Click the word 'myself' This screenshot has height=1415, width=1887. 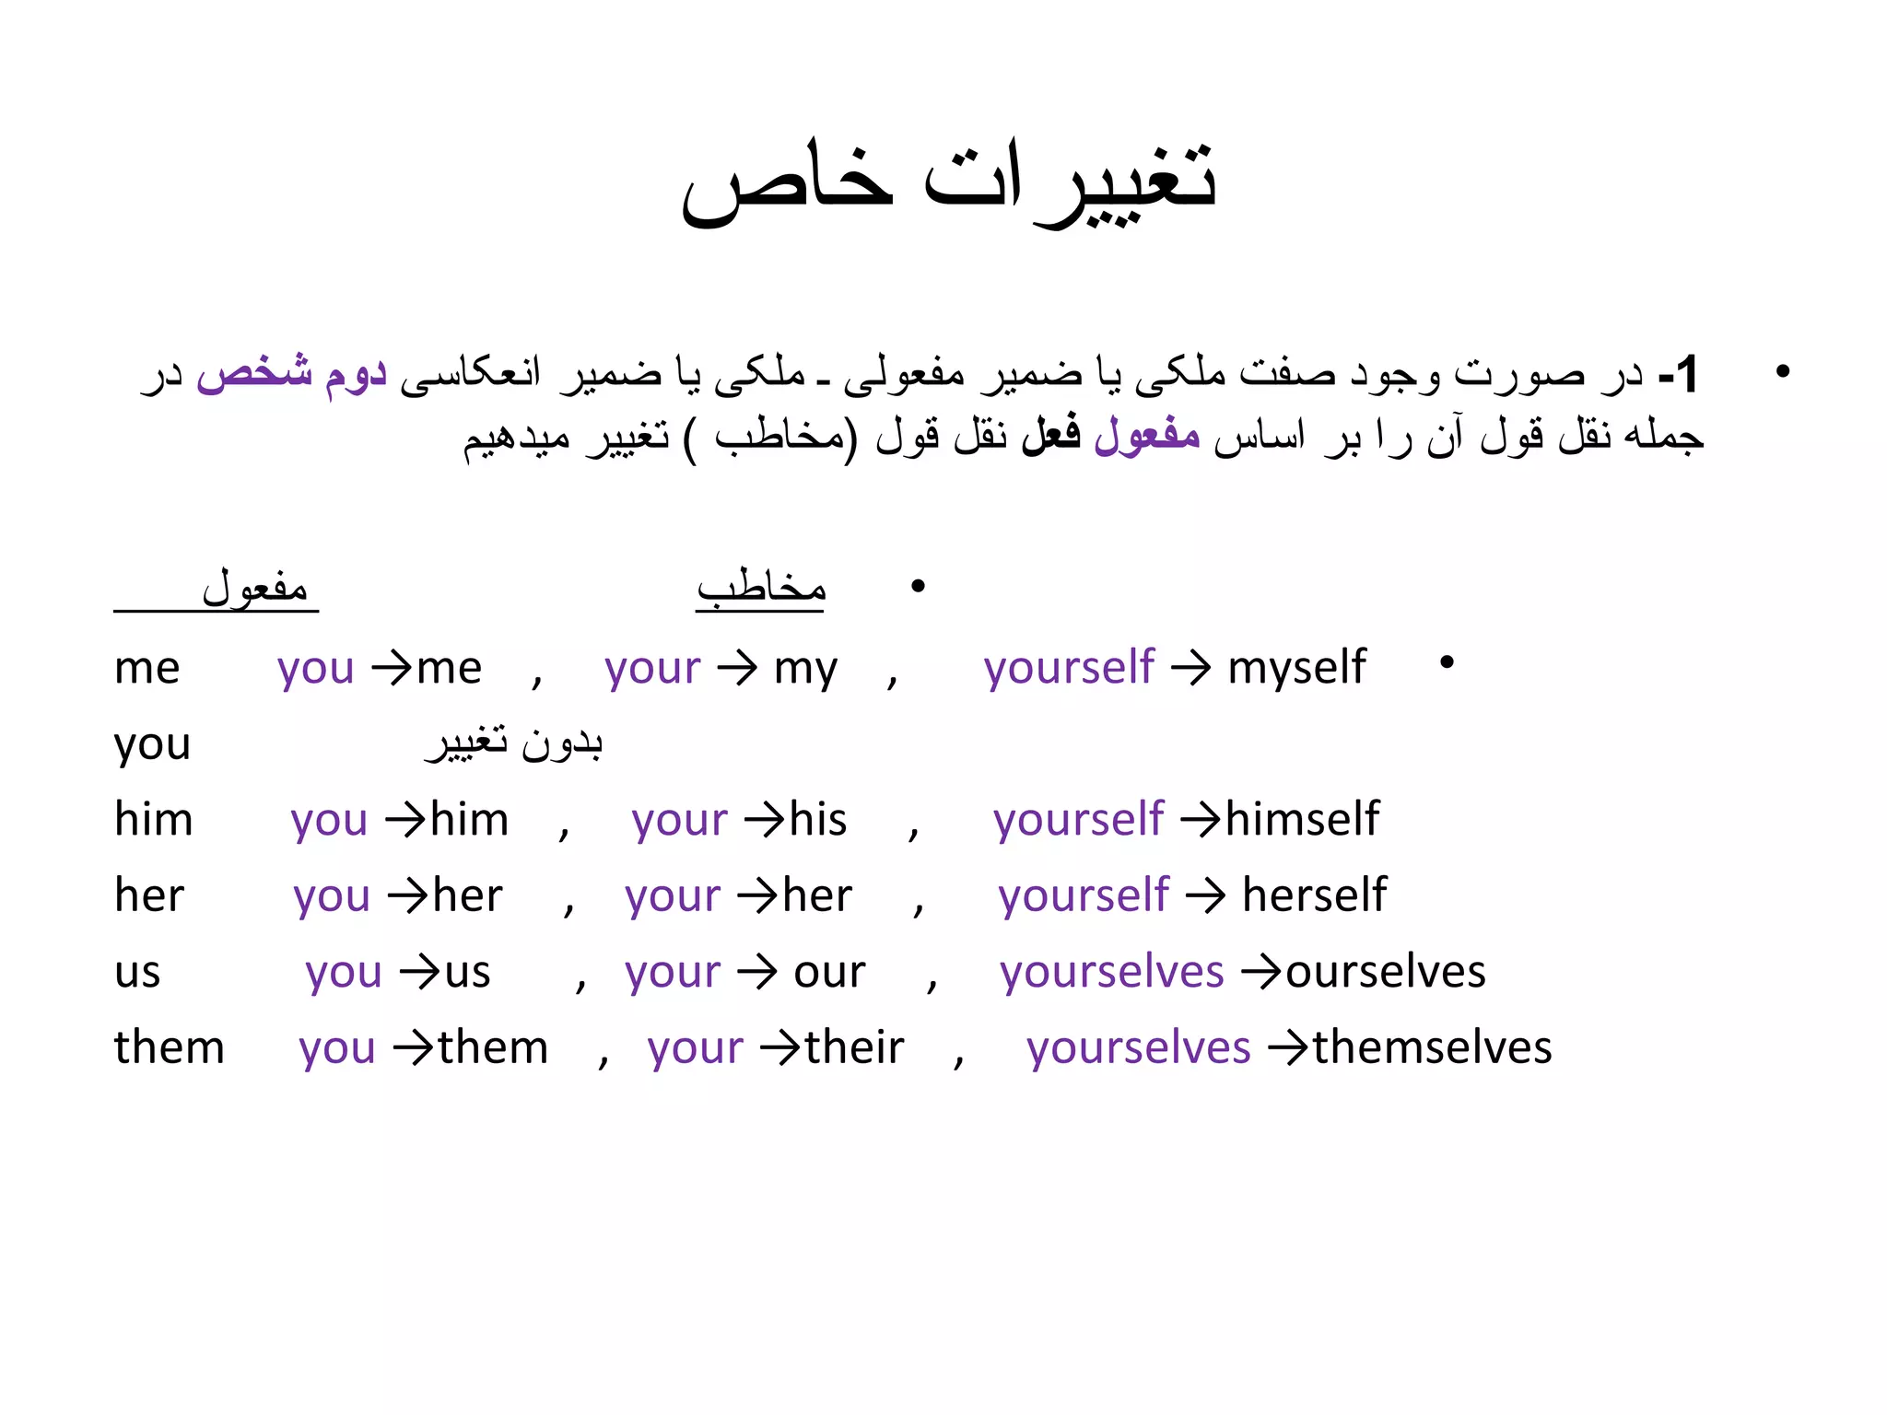[x=1296, y=667]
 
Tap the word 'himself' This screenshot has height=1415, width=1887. [x=1302, y=819]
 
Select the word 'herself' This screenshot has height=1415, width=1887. [x=1314, y=895]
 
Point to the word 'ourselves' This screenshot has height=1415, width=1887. [x=1385, y=972]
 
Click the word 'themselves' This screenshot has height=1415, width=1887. [x=1432, y=1048]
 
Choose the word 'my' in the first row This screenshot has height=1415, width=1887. [x=805, y=669]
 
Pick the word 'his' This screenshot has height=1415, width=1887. [x=818, y=819]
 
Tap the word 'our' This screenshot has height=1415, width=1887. [x=829, y=973]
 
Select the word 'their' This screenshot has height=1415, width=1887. [x=854, y=1048]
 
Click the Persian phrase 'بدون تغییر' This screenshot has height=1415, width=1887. [x=514, y=743]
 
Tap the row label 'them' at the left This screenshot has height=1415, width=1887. [x=170, y=1048]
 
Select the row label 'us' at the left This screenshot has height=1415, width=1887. [x=137, y=973]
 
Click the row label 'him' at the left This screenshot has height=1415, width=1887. [x=153, y=819]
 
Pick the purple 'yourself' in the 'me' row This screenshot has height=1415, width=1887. [x=1068, y=667]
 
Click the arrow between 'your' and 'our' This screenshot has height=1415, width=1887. [x=756, y=973]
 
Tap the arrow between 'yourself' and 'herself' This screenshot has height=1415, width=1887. [x=1205, y=895]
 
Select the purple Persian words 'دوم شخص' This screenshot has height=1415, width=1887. [x=291, y=374]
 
